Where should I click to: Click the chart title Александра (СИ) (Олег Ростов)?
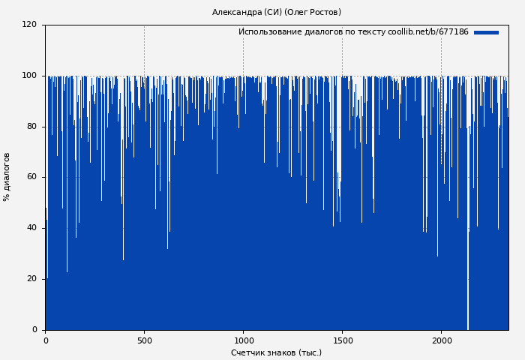coord(276,12)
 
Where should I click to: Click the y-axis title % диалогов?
coord(7,177)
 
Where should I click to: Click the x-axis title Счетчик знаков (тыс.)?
coord(276,352)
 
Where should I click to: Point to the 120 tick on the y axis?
coord(29,25)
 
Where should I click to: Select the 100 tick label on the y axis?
coord(29,76)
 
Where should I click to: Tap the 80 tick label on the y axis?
coord(31,126)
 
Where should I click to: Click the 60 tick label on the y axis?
coord(31,177)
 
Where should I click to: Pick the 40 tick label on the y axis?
coord(31,228)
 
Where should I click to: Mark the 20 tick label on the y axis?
coord(31,279)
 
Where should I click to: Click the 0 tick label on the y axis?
coord(34,330)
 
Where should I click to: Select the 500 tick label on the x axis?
coord(144,340)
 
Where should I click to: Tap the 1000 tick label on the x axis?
coord(243,340)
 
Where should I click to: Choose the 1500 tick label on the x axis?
coord(342,340)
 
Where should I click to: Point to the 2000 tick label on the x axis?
coord(441,340)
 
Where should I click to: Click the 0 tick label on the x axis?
coord(45,340)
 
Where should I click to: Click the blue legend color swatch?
coord(486,32)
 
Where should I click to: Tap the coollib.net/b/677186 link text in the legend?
coord(427,32)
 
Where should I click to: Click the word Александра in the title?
coord(236,12)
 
